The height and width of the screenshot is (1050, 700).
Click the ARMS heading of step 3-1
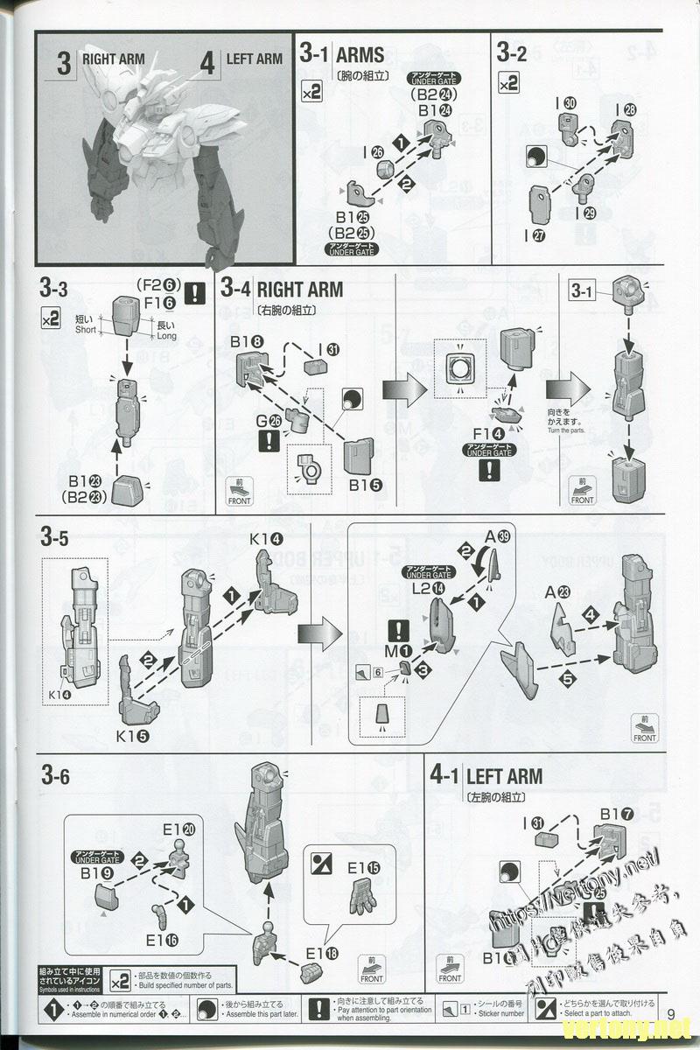pos(360,54)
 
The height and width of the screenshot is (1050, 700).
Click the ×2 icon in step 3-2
pos(508,84)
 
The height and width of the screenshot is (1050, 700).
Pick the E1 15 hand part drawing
pos(358,898)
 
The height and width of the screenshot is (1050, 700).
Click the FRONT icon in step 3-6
pos(371,971)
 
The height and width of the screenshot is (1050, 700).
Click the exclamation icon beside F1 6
pos(198,291)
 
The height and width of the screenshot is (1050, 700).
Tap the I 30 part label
pos(566,103)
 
